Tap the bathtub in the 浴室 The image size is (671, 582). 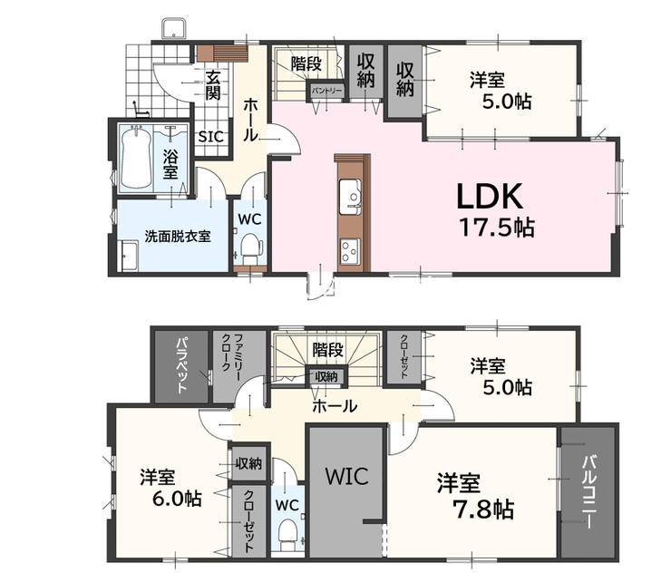136,158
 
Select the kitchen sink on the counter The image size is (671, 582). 350,197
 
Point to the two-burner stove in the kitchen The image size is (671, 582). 350,251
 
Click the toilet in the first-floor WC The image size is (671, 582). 251,250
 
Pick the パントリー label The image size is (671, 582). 327,91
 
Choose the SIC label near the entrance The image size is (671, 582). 211,137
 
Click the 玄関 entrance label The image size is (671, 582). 213,84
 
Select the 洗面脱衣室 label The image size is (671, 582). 178,237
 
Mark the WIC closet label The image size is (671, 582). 346,476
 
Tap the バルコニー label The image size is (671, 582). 588,492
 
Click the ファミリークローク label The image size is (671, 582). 231,358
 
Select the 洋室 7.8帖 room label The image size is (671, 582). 475,496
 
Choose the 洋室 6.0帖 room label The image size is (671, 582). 171,488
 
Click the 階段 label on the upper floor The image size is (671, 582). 327,350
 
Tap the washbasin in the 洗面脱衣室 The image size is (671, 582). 130,256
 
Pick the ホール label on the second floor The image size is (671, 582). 335,406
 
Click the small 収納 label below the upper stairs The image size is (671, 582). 326,376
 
